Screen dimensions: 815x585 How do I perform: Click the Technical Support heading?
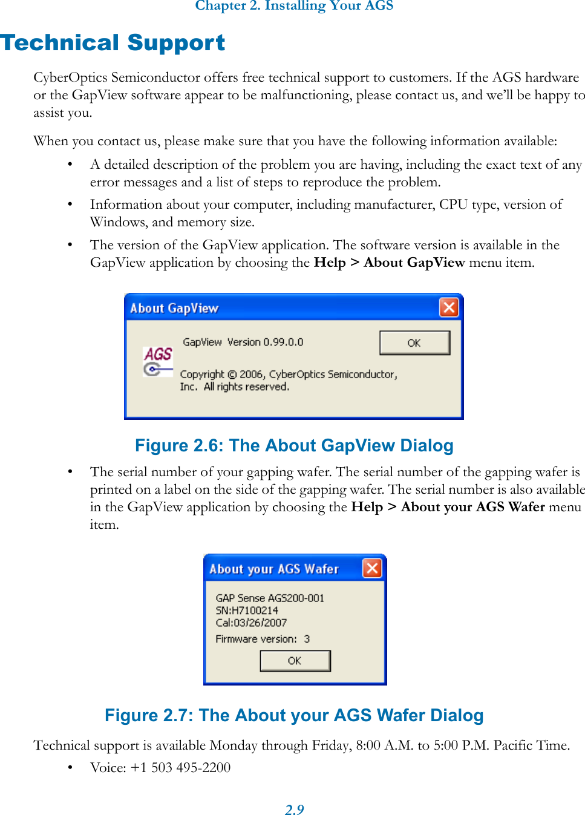click(x=113, y=43)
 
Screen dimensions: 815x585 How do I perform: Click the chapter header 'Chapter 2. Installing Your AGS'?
click(x=294, y=6)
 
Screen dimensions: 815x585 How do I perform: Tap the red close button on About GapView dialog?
click(x=448, y=307)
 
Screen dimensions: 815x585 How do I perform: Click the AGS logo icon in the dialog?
click(x=158, y=361)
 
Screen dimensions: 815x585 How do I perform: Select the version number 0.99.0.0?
click(x=283, y=342)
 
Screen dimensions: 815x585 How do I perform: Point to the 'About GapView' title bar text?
click(x=174, y=308)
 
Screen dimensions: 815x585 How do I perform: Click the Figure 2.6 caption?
click(x=294, y=445)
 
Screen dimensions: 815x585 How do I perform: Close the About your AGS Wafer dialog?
click(x=371, y=568)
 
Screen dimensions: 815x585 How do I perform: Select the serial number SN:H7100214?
click(x=247, y=610)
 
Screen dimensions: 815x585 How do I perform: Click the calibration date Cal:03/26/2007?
click(x=251, y=623)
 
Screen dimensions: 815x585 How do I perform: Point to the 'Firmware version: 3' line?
click(x=263, y=639)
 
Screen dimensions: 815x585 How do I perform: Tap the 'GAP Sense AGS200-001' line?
click(x=270, y=598)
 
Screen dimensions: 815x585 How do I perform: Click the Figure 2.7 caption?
click(x=294, y=715)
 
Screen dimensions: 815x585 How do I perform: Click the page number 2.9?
click(x=294, y=810)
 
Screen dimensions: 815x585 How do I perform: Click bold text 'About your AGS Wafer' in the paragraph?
click(x=472, y=507)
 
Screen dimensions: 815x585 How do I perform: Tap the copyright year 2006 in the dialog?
click(x=251, y=375)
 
